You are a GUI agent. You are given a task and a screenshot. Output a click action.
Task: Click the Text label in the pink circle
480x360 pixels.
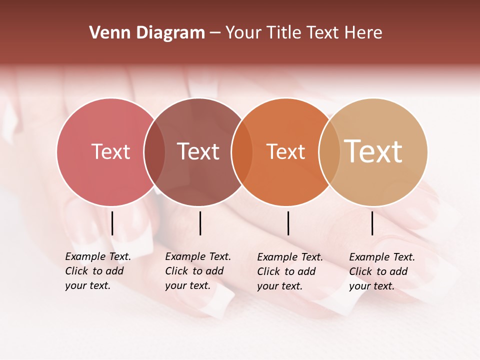tap(110, 151)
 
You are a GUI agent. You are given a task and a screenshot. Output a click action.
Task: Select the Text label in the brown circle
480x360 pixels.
tap(198, 151)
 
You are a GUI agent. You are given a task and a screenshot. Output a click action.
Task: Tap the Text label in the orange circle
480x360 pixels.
tap(285, 151)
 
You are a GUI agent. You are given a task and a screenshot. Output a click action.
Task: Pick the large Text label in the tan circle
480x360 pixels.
tap(373, 151)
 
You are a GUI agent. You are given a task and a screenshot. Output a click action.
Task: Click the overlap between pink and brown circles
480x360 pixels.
tap(154, 152)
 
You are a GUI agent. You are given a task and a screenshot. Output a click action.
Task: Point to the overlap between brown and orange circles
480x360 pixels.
tap(242, 152)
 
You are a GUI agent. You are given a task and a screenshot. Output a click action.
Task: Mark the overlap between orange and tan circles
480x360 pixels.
tap(329, 152)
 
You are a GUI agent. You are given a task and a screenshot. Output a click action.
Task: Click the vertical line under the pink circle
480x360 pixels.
tap(112, 223)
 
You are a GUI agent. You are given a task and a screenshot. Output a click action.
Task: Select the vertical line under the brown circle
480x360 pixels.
tap(200, 223)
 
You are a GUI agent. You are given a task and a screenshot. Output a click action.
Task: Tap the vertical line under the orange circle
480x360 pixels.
tap(288, 223)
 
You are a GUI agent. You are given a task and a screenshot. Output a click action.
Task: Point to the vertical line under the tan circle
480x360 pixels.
tap(372, 223)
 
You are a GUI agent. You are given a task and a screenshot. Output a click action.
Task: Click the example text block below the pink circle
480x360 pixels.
tap(98, 271)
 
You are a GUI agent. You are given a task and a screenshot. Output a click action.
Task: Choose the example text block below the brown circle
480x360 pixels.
tap(198, 271)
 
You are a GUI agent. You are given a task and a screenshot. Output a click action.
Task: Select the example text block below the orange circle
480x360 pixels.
tap(290, 271)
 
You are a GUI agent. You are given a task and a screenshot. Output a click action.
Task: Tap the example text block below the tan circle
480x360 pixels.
tap(382, 271)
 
